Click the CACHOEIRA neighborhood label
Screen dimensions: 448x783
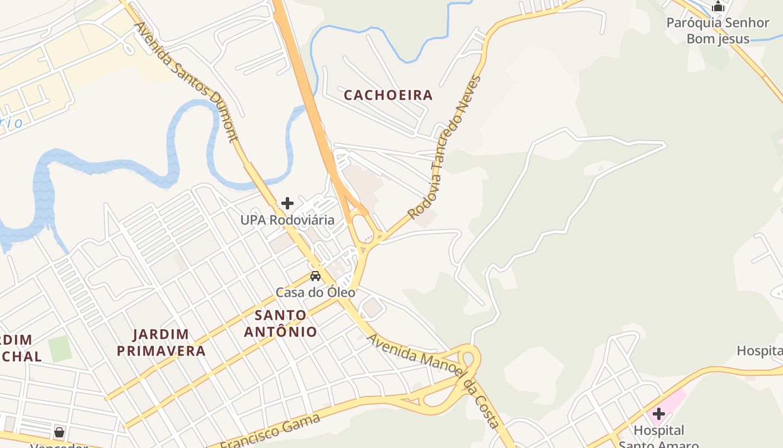point(388,95)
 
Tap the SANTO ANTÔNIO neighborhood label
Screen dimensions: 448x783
point(280,323)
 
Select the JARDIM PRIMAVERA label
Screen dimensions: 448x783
point(169,343)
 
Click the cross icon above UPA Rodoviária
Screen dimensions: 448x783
point(287,203)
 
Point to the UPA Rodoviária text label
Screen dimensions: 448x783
point(287,220)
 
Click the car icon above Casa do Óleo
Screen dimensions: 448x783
point(315,276)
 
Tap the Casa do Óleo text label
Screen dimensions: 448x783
point(315,292)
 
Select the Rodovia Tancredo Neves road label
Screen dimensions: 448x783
point(445,147)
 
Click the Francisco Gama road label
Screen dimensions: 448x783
point(270,432)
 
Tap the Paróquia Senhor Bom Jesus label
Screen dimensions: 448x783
point(718,31)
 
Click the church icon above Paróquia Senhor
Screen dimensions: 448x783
point(718,7)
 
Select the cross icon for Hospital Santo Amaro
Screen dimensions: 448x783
point(659,414)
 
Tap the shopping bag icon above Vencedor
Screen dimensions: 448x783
point(59,432)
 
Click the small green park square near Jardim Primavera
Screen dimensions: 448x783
point(60,349)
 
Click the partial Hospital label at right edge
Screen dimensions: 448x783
point(760,351)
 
